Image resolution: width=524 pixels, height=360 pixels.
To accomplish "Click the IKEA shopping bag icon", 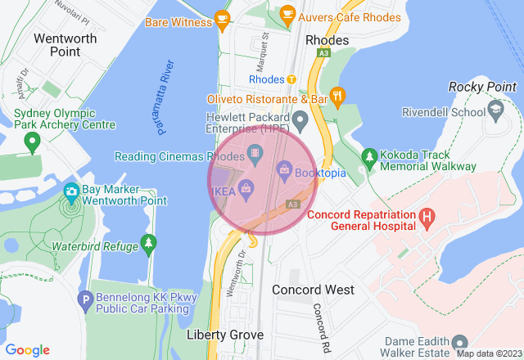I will tap(246, 191).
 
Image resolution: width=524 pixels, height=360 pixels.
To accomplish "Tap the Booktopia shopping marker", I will tap(284, 169).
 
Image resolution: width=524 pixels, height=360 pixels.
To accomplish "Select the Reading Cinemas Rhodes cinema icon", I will tap(255, 153).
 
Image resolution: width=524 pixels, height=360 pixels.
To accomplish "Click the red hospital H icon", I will tap(426, 218).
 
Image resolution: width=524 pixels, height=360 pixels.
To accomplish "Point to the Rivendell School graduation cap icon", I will tap(495, 109).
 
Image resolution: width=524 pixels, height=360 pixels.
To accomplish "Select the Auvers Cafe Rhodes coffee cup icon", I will tap(287, 13).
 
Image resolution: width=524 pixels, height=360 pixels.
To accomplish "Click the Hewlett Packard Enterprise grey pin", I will tap(300, 122).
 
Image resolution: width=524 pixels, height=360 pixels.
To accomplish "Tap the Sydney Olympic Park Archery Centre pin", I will tap(32, 143).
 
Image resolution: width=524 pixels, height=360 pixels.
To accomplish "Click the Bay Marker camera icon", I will tap(71, 192).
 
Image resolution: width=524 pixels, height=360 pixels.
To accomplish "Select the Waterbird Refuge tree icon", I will tap(148, 242).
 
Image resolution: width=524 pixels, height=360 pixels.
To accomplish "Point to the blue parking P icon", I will tap(84, 301).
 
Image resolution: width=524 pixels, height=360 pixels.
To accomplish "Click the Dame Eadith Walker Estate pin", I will tap(460, 342).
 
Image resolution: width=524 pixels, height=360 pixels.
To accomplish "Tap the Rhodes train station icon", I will tap(291, 79).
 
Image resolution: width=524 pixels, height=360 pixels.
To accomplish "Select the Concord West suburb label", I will tap(313, 290).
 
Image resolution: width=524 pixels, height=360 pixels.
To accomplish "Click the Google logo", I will tap(27, 350).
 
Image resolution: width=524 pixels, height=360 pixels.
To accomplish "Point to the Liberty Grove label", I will tap(224, 335).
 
